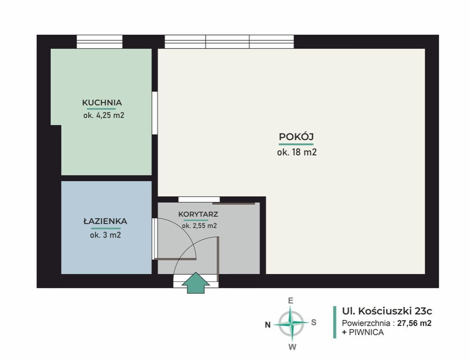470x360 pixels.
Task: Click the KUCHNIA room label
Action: [x=102, y=103]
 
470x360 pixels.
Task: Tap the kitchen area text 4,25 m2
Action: [x=110, y=115]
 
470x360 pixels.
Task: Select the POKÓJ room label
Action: [x=296, y=137]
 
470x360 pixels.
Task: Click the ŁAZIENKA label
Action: [x=105, y=221]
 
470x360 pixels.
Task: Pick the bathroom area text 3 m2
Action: [x=112, y=235]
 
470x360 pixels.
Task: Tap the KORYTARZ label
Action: [x=198, y=214]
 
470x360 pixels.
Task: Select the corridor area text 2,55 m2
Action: [x=205, y=226]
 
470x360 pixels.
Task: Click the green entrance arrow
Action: [x=196, y=283]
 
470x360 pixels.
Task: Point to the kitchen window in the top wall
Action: [x=100, y=42]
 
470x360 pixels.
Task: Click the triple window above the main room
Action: [x=229, y=42]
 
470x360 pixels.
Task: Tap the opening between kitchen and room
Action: [x=155, y=113]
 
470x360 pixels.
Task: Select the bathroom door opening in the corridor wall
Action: [x=155, y=239]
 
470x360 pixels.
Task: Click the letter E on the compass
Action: [x=290, y=300]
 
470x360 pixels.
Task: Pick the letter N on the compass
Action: [x=268, y=325]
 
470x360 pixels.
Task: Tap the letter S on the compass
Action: [x=313, y=322]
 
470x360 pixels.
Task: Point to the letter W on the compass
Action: [x=292, y=347]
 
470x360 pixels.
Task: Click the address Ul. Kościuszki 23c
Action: [x=387, y=311]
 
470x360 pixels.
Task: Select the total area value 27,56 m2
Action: [x=414, y=323]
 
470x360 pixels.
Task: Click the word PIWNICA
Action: [x=366, y=332]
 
